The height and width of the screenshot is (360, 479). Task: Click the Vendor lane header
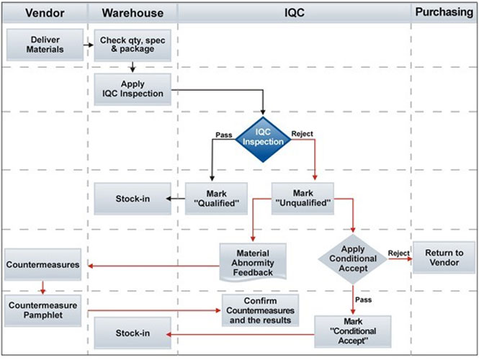[x=44, y=12]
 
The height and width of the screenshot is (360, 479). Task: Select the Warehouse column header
[x=133, y=12]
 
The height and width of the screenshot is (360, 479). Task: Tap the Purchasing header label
[x=444, y=12]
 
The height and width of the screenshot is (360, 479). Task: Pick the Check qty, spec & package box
[x=133, y=45]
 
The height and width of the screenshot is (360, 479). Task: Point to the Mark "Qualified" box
[x=217, y=199]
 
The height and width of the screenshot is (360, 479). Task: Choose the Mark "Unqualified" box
[x=303, y=199]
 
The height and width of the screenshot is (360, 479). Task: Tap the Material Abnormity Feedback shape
[x=253, y=262]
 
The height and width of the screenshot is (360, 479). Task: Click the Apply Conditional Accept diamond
[x=353, y=258]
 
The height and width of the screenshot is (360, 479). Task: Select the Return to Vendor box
[x=444, y=257]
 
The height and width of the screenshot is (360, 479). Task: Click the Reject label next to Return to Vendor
[x=398, y=253]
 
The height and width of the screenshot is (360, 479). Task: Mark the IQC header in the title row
[x=294, y=12]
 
